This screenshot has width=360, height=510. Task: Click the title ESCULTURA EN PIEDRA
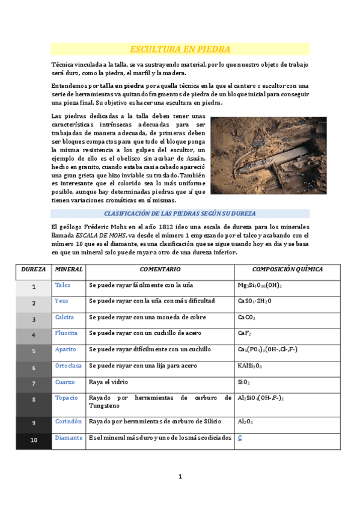tap(180, 49)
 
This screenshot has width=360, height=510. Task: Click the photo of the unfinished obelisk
tap(268, 155)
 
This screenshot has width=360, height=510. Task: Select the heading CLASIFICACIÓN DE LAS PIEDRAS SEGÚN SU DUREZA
tap(180, 214)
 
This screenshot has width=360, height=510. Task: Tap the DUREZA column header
tap(34, 269)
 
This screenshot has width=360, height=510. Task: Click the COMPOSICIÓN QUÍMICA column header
tap(287, 269)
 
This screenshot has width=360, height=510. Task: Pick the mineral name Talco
tap(63, 284)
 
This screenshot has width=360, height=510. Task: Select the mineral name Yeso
tap(61, 301)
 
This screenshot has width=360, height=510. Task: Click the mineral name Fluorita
tap(66, 333)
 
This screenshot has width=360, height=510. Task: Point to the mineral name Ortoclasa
tap(68, 365)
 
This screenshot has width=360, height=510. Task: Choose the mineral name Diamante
tap(69, 438)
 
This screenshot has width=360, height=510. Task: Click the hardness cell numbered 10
tap(34, 440)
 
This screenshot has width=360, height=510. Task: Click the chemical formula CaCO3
tap(246, 317)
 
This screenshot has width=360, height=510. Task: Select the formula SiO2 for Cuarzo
tap(244, 382)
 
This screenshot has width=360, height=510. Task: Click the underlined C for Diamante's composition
tap(240, 438)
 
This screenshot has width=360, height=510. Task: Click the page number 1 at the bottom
tap(180, 477)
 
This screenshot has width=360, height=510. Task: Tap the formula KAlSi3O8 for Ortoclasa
tap(250, 365)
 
